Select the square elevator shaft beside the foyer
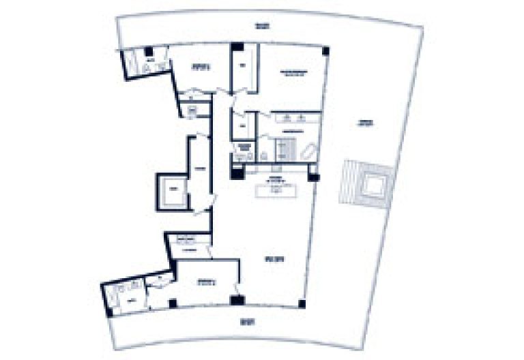[172, 190]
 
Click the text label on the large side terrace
[366, 124]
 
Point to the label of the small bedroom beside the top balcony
[198, 67]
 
